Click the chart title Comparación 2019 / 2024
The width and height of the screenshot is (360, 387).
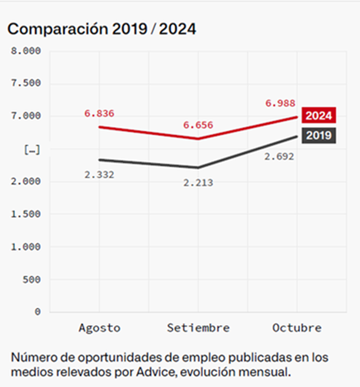(102, 29)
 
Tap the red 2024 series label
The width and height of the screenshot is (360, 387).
(319, 116)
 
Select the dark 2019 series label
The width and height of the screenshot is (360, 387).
(319, 135)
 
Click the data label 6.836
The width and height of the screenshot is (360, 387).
(99, 114)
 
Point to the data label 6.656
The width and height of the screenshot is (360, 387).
(198, 125)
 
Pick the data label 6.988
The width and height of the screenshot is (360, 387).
(280, 103)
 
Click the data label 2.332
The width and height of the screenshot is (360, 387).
(99, 174)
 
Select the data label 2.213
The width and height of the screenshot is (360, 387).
(198, 183)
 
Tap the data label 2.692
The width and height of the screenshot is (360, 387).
(279, 156)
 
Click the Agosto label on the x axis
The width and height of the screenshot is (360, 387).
(99, 328)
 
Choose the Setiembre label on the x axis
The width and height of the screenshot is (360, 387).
(198, 328)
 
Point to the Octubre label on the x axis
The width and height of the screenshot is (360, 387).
(297, 328)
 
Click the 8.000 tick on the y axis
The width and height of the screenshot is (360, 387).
(26, 51)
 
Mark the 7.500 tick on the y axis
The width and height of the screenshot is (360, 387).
(26, 83)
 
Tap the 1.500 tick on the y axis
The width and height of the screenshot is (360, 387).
(26, 214)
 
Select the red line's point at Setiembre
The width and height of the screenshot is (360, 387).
(198, 139)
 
